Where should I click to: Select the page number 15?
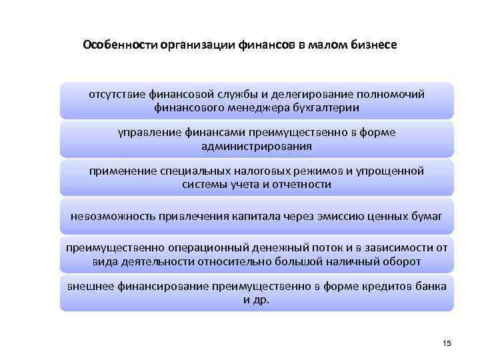[x=447, y=343]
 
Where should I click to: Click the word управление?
[x=145, y=133]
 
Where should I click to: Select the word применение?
[x=119, y=171]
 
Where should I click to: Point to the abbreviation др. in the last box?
[x=261, y=300]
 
